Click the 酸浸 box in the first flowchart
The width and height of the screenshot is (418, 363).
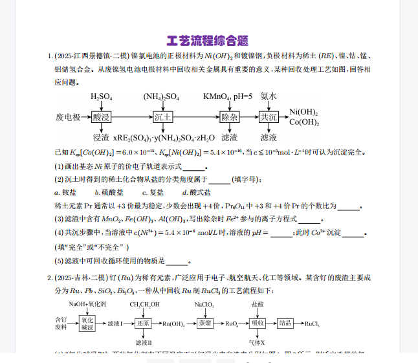pyautogui.click(x=102, y=117)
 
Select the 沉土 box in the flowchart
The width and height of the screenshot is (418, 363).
pyautogui.click(x=163, y=117)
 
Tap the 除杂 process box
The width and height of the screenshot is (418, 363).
pyautogui.click(x=230, y=117)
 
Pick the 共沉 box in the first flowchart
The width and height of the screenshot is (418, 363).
pyautogui.click(x=269, y=117)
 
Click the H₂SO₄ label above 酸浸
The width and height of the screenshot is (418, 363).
pyautogui.click(x=102, y=97)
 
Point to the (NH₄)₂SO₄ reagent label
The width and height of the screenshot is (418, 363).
pyautogui.click(x=162, y=97)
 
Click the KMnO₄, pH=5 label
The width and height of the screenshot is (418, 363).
pyautogui.click(x=228, y=96)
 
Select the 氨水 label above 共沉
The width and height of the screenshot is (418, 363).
pyautogui.click(x=269, y=96)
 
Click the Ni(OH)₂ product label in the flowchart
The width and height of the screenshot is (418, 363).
pyautogui.click(x=303, y=111)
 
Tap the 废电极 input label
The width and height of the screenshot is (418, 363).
pyautogui.click(x=68, y=117)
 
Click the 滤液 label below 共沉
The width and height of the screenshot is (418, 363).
pyautogui.click(x=269, y=137)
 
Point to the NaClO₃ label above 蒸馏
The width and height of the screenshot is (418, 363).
pyautogui.click(x=205, y=303)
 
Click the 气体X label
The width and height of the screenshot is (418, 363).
pyautogui.click(x=258, y=342)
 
